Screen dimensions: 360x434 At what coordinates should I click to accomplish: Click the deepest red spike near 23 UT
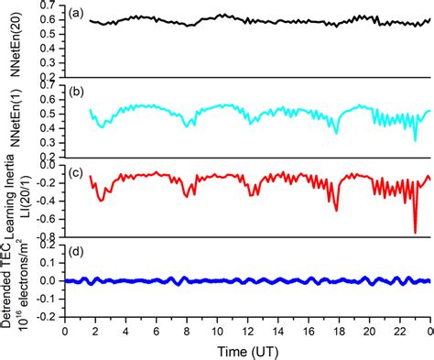coord(415,232)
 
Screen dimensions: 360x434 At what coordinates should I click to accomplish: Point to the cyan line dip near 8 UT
coord(188,125)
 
